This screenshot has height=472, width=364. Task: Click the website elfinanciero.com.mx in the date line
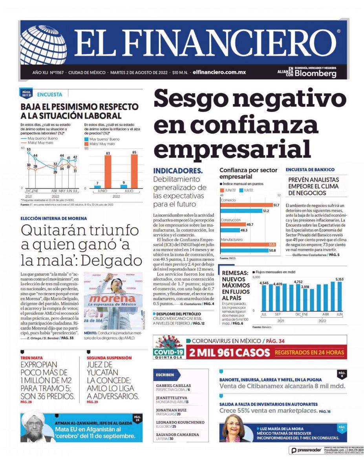(x=219, y=73)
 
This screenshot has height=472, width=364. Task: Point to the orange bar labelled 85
(x=134, y=171)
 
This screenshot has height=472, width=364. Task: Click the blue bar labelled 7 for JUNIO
(x=97, y=186)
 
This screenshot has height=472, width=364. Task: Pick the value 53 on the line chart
(x=29, y=149)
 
